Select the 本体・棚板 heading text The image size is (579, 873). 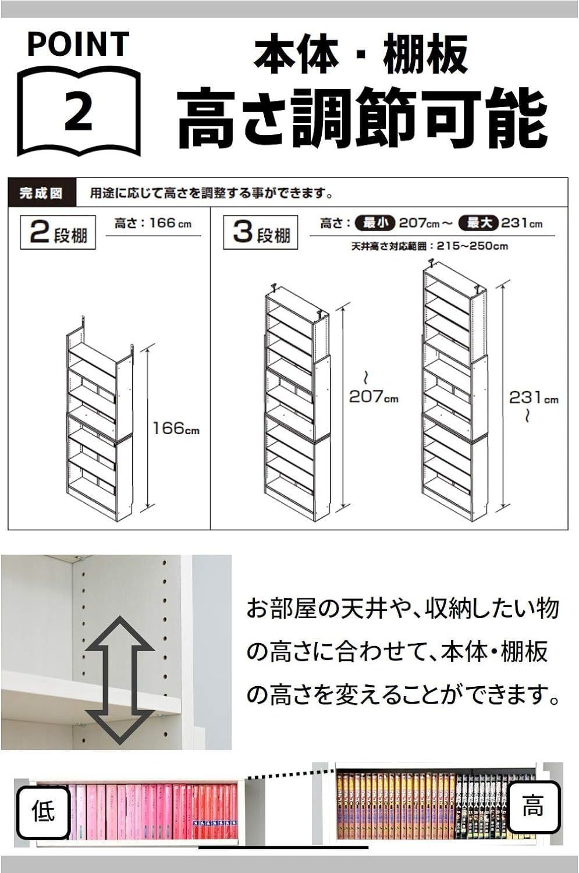click(x=361, y=55)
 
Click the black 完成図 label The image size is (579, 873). click(x=41, y=193)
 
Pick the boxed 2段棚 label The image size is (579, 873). click(x=58, y=233)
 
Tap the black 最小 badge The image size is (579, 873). click(x=377, y=223)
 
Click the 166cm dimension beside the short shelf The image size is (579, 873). click(x=176, y=429)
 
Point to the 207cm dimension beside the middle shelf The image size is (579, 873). click(x=374, y=397)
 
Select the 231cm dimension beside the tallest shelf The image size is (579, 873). click(x=534, y=398)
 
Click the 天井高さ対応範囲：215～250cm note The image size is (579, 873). click(x=429, y=246)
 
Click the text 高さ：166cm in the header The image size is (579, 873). click(x=152, y=223)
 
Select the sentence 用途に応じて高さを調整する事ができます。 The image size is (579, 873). click(x=211, y=193)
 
